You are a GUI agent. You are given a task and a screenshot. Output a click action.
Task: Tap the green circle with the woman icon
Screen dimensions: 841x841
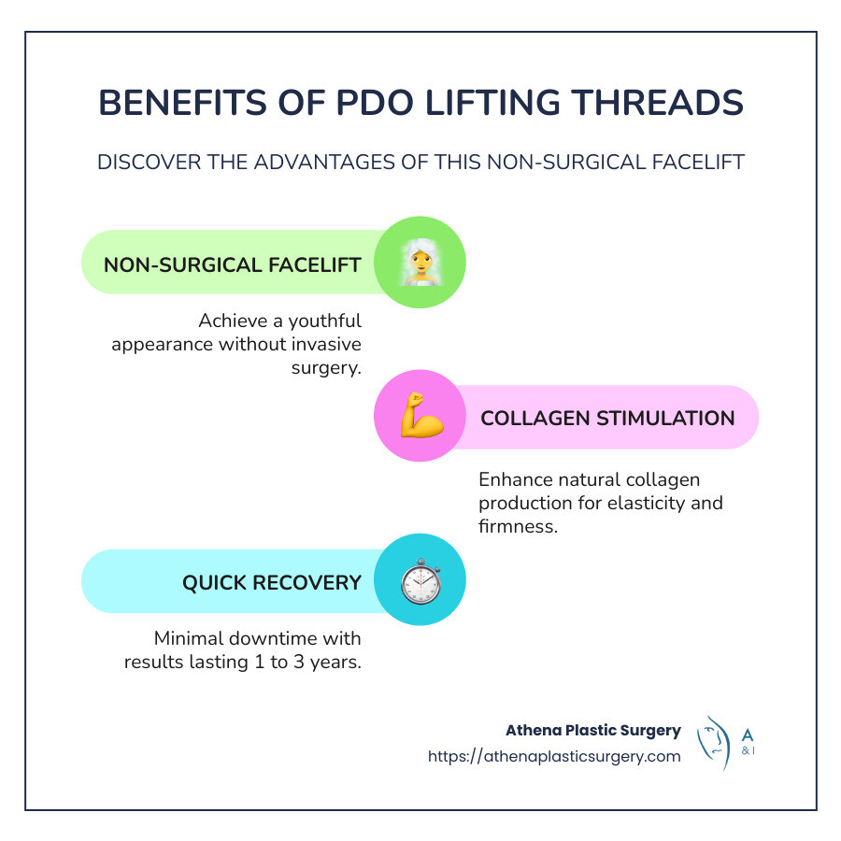[420, 263]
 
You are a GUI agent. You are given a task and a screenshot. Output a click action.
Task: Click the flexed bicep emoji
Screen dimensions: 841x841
[420, 417]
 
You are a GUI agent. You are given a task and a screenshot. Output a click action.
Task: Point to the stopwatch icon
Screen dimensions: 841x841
[420, 581]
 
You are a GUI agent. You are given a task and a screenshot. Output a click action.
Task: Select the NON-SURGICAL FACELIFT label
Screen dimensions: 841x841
[233, 264]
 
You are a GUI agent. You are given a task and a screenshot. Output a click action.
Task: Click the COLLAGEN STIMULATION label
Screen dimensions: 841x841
[607, 418]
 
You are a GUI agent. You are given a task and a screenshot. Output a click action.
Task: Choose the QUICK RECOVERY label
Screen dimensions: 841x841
[272, 583]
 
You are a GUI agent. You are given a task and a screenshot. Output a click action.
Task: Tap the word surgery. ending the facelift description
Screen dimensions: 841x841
[326, 366]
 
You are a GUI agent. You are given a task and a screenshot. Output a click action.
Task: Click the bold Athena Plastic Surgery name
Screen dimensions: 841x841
[593, 730]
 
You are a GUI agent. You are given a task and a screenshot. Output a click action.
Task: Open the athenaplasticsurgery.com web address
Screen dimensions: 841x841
[554, 756]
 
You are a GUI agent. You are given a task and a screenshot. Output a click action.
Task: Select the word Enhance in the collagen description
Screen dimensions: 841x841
[512, 480]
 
